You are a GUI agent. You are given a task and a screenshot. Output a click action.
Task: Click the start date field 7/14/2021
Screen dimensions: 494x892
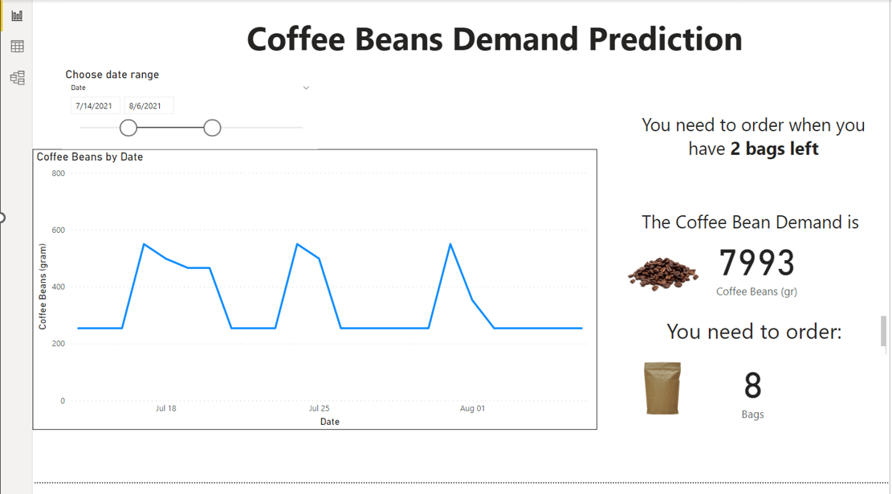[x=95, y=106]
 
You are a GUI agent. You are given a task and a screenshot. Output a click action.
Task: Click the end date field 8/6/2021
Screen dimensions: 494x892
[x=149, y=106]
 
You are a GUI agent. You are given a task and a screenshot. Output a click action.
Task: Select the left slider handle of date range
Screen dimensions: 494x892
[x=128, y=128]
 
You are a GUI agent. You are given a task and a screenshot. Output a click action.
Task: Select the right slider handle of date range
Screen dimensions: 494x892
[x=212, y=128]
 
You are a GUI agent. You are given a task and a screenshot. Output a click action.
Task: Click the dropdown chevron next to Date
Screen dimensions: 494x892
[x=306, y=88]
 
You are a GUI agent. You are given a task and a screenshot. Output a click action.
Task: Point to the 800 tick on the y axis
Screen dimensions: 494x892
[x=59, y=174]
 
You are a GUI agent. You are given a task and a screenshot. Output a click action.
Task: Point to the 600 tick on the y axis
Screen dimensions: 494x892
[x=59, y=231]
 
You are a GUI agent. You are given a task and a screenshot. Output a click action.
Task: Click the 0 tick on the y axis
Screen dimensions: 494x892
[x=63, y=401]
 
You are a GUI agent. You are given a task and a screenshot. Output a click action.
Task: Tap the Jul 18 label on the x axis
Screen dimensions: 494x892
[x=165, y=409]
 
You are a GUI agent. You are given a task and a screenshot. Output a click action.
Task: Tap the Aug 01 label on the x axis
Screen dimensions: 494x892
[x=472, y=409]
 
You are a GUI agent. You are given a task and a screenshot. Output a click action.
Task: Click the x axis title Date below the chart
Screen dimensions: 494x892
[x=330, y=422]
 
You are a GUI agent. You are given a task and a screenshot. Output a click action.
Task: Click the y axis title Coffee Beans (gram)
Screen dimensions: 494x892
[x=43, y=287]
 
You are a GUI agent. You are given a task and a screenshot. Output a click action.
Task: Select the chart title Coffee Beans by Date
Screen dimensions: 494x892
[x=90, y=157]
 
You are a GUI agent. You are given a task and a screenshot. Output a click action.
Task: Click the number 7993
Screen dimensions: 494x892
[x=756, y=263]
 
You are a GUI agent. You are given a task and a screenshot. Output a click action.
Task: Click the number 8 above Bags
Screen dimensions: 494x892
[x=752, y=386]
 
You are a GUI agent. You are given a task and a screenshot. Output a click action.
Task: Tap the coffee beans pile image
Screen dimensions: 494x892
[x=662, y=273]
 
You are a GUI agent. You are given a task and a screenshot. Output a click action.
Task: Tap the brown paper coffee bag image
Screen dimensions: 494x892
[x=662, y=388]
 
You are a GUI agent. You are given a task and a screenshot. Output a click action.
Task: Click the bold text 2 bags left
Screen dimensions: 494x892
[x=774, y=149]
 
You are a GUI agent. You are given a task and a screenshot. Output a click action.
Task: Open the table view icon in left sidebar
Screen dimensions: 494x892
[x=17, y=47]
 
